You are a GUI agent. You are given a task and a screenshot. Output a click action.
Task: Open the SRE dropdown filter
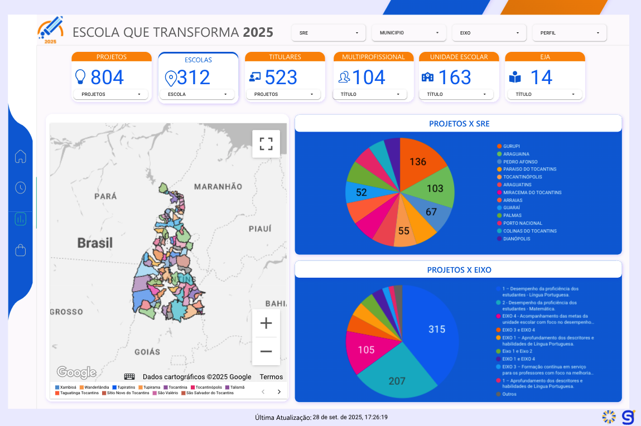(x=329, y=33)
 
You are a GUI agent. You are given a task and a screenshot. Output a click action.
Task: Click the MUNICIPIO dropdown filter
(x=409, y=33)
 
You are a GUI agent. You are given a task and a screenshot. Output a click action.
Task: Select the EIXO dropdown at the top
(x=489, y=33)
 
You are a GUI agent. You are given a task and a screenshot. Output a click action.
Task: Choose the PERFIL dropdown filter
(x=569, y=33)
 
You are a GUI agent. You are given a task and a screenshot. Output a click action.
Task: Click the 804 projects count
(x=107, y=77)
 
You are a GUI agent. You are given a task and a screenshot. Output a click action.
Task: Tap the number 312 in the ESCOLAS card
(x=194, y=77)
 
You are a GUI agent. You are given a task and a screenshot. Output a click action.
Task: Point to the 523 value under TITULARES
(x=281, y=77)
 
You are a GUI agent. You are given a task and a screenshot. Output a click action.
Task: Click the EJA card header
(x=545, y=57)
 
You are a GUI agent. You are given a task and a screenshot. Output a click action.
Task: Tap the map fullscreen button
(x=266, y=144)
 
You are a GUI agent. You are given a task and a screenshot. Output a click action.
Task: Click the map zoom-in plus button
(x=266, y=323)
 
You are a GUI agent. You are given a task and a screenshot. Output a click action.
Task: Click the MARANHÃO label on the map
(x=218, y=186)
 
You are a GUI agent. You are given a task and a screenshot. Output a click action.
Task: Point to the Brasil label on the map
(x=95, y=243)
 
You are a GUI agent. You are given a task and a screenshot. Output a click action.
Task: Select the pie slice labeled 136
(x=418, y=162)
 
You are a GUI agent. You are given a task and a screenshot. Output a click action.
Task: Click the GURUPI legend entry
(x=511, y=146)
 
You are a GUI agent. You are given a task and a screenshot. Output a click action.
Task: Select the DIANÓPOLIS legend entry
(x=515, y=239)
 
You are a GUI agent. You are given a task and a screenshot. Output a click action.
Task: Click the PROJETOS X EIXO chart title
(x=459, y=270)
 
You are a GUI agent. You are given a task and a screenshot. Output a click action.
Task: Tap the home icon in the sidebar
(x=21, y=157)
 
